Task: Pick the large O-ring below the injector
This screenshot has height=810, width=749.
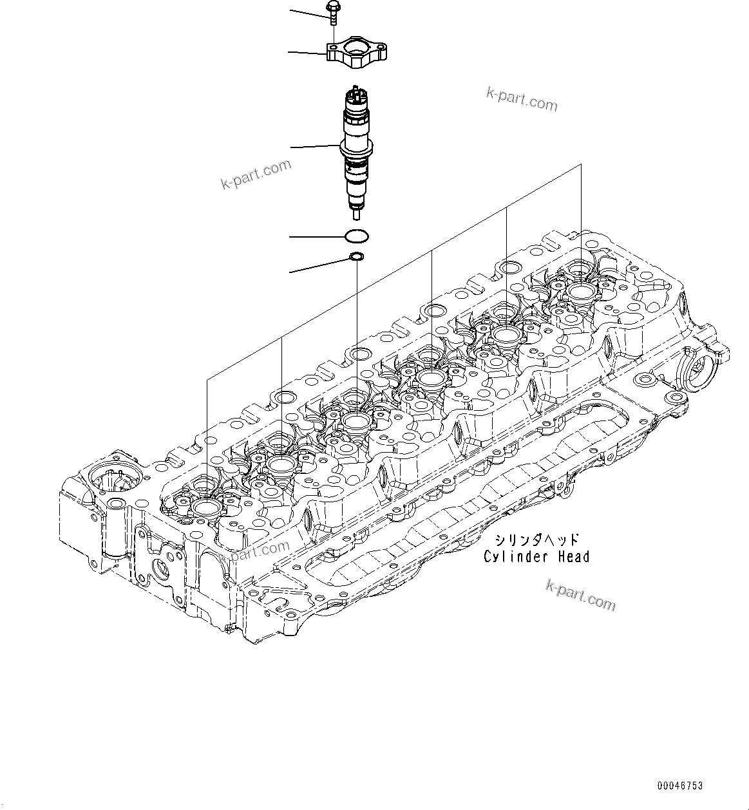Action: pos(357,237)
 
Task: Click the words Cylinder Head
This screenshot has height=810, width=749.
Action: pos(536,557)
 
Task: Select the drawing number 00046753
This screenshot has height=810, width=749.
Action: pos(680,786)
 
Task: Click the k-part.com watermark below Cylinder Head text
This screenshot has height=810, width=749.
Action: pos(580,594)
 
